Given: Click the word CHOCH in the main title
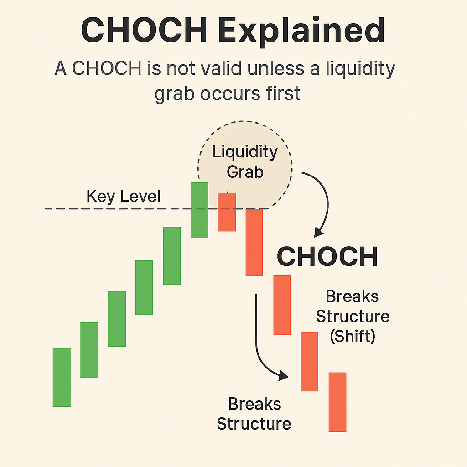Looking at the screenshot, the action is (144, 30).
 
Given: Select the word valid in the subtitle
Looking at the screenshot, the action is (220, 68).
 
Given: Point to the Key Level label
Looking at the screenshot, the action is (123, 196).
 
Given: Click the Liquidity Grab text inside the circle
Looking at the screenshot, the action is (245, 162).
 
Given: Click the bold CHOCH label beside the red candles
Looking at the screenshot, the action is (327, 256).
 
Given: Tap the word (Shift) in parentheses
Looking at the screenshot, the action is (353, 336).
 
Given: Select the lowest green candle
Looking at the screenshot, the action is (62, 377).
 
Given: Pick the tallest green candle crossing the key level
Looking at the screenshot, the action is (199, 210).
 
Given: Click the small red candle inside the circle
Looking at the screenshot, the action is (227, 212).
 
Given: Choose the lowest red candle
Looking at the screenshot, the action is (337, 402).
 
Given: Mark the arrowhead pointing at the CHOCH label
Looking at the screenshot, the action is (318, 232).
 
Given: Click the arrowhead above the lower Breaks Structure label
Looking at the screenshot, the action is (283, 376).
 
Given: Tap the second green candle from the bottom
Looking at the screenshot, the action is (89, 350).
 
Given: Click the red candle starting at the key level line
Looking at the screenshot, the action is (254, 243).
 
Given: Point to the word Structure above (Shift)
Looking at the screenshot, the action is (353, 316).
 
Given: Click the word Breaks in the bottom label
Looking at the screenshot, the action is (254, 404).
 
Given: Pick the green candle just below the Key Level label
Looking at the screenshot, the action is (172, 256).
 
